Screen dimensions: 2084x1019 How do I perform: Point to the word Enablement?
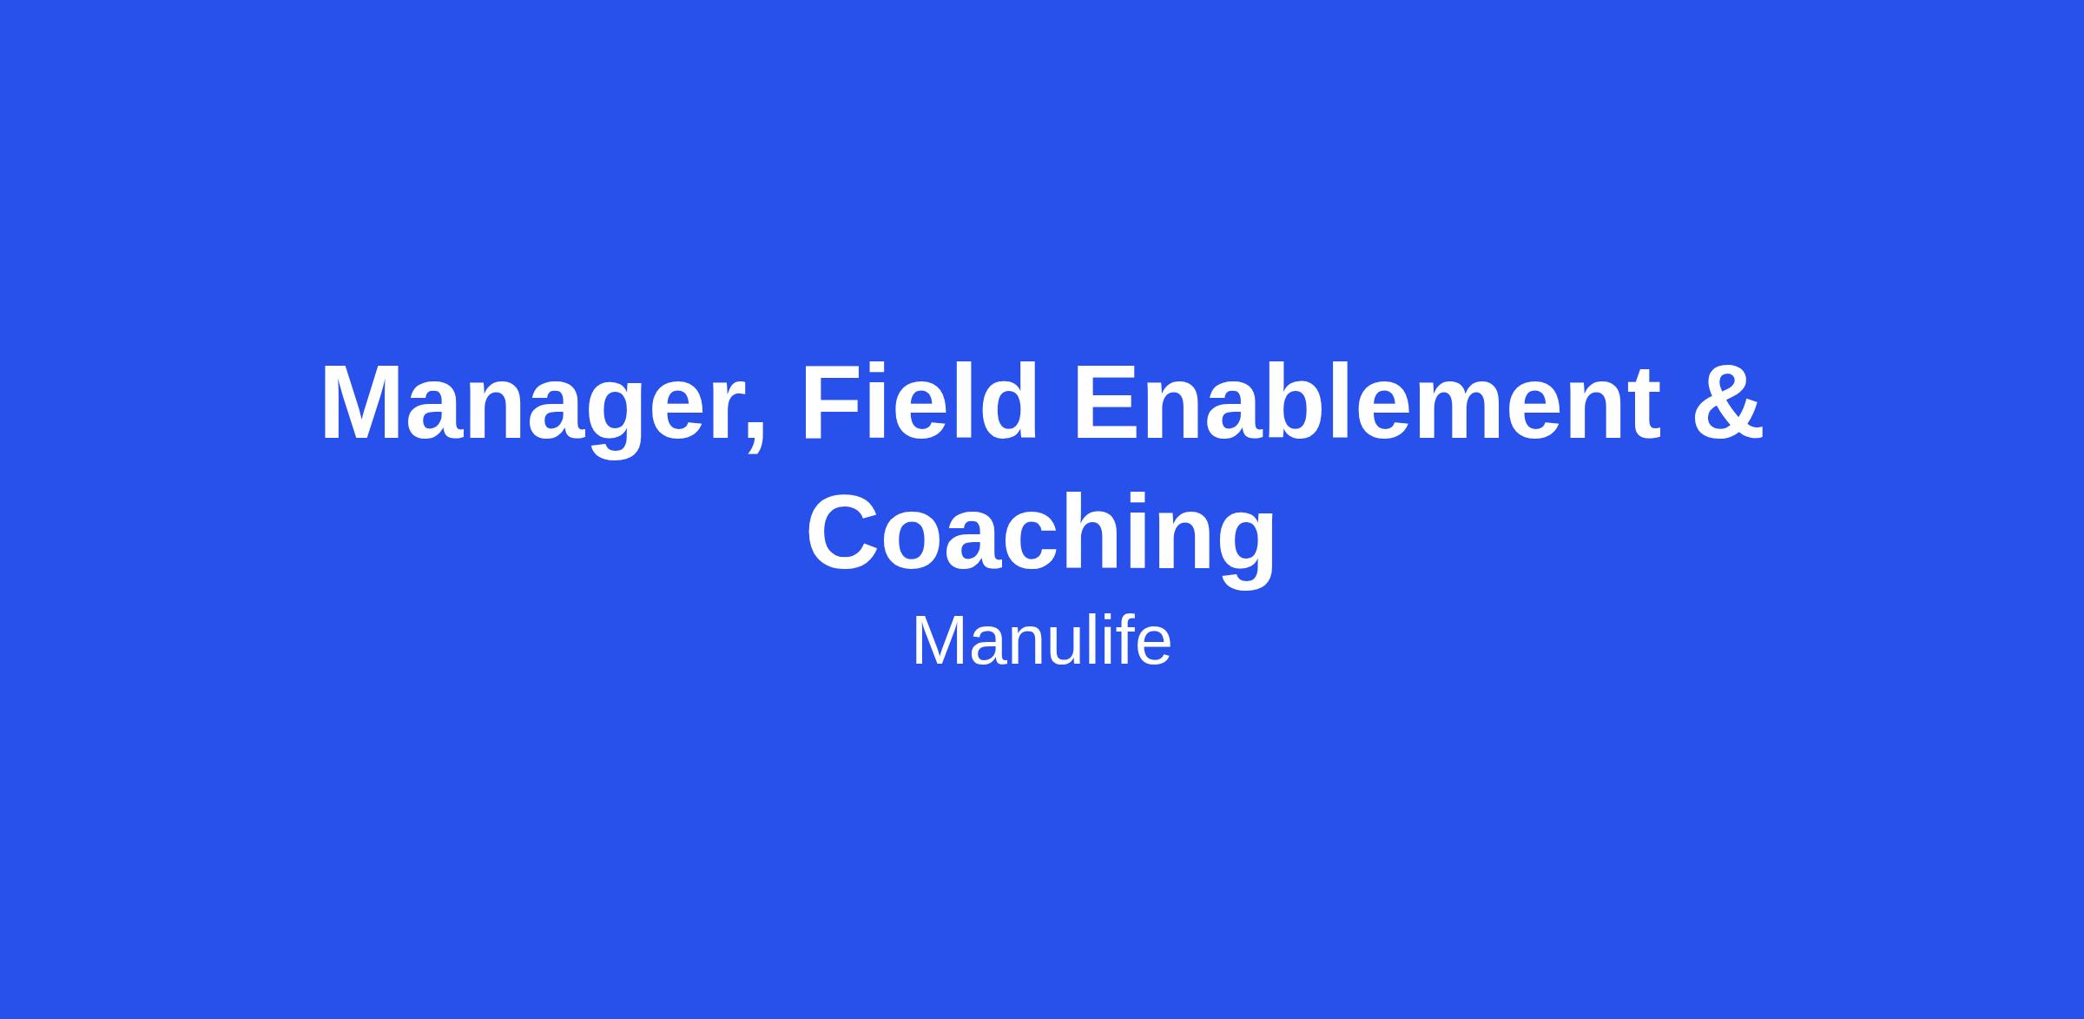1368,402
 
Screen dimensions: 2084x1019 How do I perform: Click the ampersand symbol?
1728,402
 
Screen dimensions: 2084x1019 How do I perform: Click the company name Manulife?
1041,641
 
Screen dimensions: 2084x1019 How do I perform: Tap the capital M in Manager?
366,402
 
